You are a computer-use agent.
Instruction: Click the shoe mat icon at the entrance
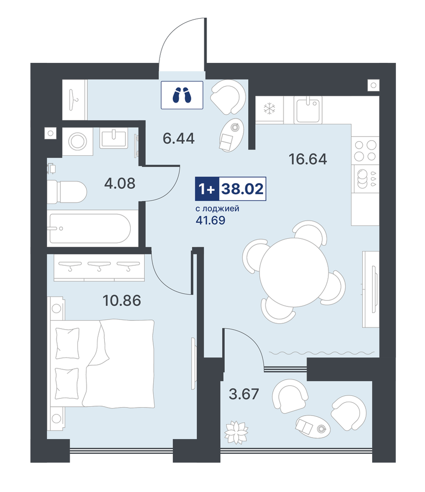182,95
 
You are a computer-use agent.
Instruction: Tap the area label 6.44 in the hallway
179,138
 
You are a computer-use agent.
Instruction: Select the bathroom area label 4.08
120,183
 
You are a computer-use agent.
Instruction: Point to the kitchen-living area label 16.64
307,159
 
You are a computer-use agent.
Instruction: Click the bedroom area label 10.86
122,300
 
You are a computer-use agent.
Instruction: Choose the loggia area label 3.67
244,394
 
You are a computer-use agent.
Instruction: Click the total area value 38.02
242,189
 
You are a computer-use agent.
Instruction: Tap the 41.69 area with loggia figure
210,220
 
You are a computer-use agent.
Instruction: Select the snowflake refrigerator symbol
269,109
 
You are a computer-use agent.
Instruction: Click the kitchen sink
308,109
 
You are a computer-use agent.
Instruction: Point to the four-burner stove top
365,150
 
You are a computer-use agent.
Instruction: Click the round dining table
294,272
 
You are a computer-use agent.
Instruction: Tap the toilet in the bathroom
67,192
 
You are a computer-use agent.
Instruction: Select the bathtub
89,228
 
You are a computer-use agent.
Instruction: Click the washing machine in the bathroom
78,141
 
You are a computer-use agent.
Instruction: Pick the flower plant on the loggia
236,432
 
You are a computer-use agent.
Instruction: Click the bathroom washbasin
113,139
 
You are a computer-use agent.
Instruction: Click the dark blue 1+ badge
207,189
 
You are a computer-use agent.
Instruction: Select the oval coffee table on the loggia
312,426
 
